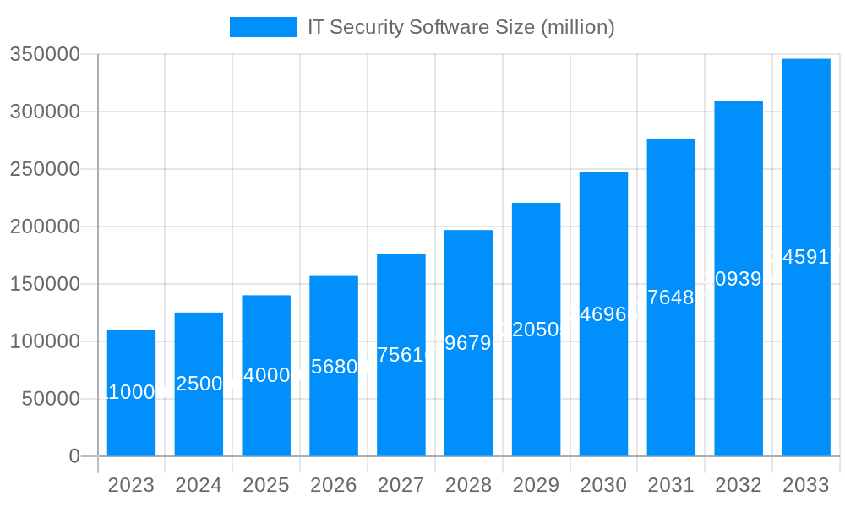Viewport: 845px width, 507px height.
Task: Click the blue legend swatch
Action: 263,27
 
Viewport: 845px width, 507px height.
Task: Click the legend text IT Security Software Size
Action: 461,27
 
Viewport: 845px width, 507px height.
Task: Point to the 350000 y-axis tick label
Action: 44,55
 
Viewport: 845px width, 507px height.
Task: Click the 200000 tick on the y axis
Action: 44,226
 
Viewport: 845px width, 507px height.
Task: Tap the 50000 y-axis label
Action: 50,399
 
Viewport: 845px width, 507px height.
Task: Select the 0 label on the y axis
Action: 74,456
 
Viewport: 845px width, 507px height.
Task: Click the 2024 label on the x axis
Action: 199,485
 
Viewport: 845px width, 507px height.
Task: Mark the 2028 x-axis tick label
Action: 468,485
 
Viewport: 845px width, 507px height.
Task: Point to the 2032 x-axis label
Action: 738,485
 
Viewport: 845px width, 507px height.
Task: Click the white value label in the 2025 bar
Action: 266,375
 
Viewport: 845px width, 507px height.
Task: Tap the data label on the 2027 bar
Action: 401,355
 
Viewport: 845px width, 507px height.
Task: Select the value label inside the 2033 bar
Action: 805,257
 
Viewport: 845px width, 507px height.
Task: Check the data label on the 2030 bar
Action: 603,314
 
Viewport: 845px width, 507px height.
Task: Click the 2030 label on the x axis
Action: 603,485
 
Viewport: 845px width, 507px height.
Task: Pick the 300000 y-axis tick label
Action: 44,112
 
